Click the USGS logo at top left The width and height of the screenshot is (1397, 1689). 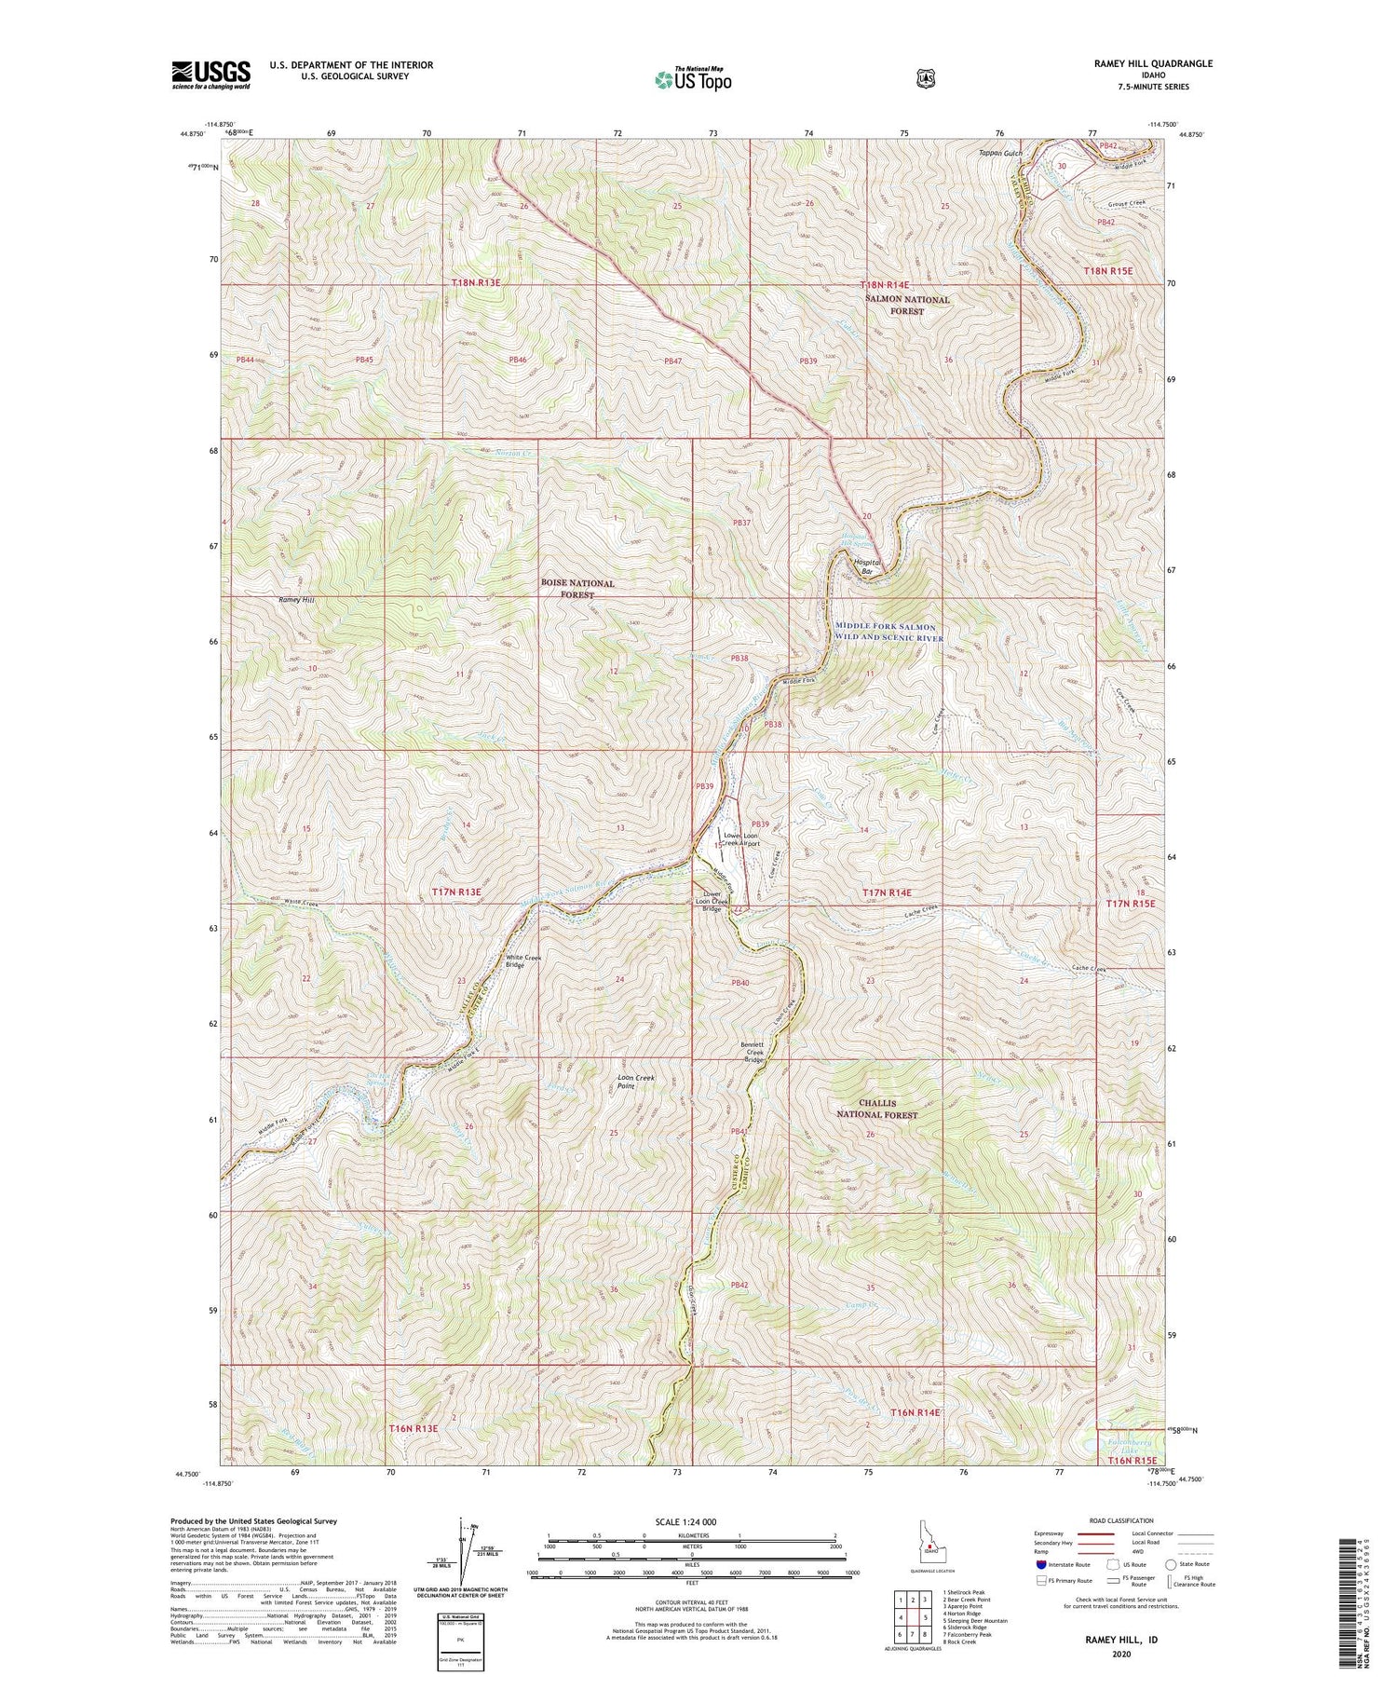click(x=211, y=74)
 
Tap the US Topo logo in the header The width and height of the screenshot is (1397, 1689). click(x=693, y=79)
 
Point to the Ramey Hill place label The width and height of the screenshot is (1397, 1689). click(x=297, y=601)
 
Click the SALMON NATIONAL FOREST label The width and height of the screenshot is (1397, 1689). click(x=906, y=306)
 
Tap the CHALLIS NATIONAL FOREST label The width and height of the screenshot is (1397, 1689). click(x=876, y=1109)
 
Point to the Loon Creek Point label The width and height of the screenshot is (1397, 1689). click(x=636, y=1083)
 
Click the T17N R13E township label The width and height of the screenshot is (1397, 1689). click(x=456, y=892)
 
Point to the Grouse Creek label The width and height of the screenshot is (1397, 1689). click(x=1113, y=204)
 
